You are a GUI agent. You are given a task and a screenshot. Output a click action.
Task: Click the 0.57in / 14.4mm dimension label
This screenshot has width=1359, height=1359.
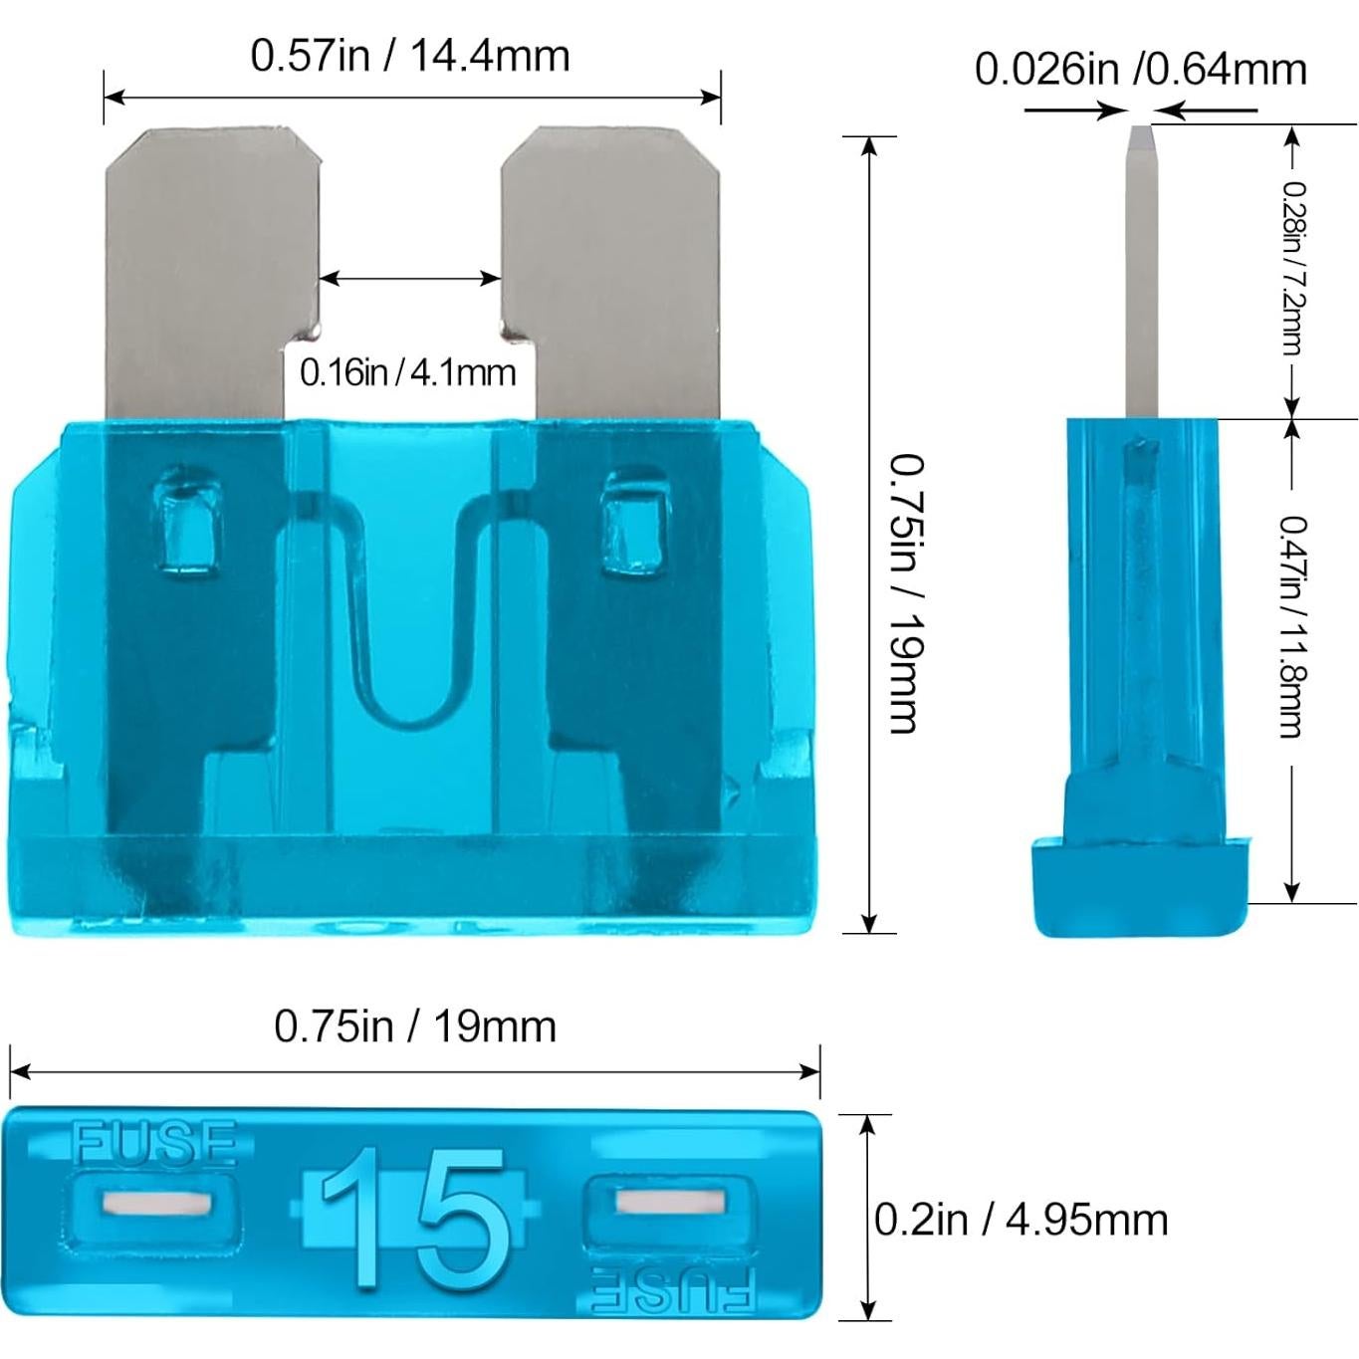[410, 55]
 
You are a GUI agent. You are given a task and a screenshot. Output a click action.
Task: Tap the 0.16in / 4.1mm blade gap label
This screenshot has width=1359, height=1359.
[408, 372]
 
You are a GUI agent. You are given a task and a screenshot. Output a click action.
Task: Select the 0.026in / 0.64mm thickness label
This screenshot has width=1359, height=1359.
[1140, 70]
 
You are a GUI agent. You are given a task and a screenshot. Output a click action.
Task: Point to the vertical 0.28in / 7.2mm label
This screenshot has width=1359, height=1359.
[1291, 268]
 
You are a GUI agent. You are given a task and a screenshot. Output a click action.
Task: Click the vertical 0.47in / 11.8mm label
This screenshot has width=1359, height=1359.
[1291, 626]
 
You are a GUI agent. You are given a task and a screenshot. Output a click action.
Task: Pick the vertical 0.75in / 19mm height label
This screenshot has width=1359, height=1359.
[905, 594]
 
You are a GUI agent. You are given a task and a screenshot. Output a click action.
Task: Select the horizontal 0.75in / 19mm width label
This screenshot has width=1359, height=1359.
[415, 1026]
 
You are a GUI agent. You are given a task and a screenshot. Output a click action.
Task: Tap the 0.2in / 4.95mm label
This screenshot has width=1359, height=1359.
[1020, 1220]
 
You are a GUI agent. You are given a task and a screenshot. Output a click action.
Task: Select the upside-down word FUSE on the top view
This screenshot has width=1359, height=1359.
[673, 1292]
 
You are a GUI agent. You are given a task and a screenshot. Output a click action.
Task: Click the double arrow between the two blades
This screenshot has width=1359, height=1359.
[410, 279]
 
